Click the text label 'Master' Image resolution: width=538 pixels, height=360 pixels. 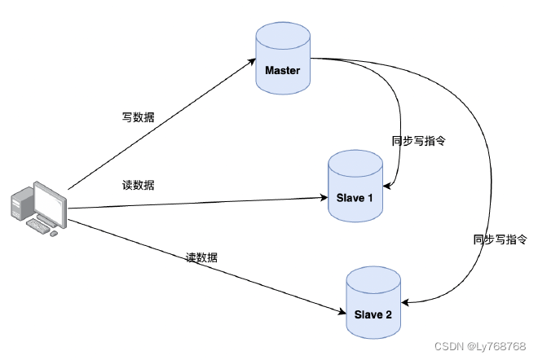[282, 70]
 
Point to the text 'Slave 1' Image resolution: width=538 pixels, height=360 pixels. [355, 198]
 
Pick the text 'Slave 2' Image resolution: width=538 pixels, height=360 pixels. [373, 314]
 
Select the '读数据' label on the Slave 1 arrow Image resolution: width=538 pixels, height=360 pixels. [138, 185]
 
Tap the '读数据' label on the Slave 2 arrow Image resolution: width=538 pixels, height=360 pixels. [202, 257]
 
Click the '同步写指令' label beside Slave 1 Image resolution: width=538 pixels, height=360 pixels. [418, 140]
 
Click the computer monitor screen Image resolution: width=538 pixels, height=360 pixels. [48, 204]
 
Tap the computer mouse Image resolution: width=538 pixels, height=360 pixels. [54, 233]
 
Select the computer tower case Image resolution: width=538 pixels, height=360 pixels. [20, 204]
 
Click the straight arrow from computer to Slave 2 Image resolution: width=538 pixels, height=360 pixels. [204, 269]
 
